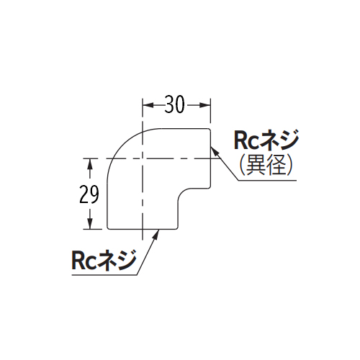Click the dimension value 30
point(175,104)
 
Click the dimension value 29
point(89,194)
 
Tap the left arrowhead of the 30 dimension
point(148,105)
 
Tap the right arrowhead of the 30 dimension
point(205,105)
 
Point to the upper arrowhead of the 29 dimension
point(90,163)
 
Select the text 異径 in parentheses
point(266,165)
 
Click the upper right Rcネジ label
point(266,140)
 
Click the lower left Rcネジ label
point(104,260)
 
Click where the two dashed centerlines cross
point(143,158)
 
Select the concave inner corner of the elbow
point(182,193)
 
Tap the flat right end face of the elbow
point(211,158)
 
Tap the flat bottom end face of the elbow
point(143,229)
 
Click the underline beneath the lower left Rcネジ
point(104,275)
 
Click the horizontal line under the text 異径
point(267,180)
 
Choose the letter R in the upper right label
point(240,140)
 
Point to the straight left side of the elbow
point(107,204)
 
